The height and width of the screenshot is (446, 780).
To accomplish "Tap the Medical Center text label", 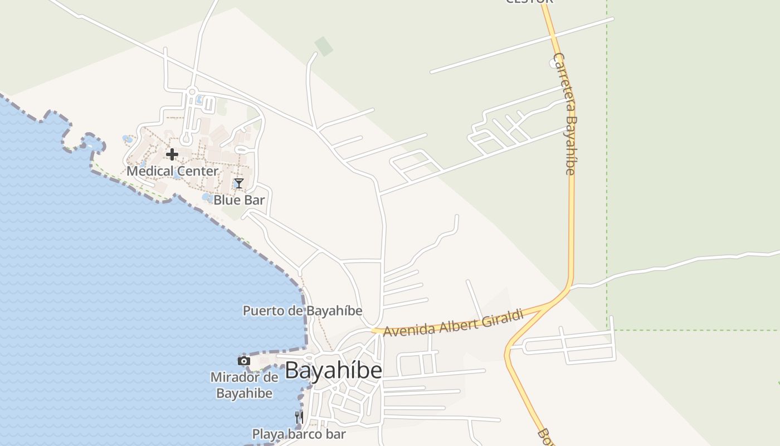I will (172, 171).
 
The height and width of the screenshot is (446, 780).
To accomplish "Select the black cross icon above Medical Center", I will (172, 154).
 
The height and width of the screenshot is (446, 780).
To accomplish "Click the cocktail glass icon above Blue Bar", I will (239, 183).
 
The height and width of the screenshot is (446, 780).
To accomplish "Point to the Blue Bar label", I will (239, 200).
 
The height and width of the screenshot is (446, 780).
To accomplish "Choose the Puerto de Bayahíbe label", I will (303, 311).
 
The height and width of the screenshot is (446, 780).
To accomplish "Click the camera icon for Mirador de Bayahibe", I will (243, 361).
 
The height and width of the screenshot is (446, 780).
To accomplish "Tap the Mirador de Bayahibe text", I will (244, 385).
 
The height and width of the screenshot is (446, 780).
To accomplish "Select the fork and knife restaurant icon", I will (299, 416).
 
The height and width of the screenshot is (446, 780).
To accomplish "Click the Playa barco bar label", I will (299, 434).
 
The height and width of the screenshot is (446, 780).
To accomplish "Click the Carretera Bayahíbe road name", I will (564, 114).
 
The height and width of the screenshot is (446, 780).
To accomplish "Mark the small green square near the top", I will (323, 46).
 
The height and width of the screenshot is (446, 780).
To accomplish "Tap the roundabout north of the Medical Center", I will (192, 91).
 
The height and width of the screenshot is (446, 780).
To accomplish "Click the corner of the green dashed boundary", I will (607, 330).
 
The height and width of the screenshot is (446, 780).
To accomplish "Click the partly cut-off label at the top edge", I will (529, 2).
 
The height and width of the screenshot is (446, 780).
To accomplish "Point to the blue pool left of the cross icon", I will (128, 139).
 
